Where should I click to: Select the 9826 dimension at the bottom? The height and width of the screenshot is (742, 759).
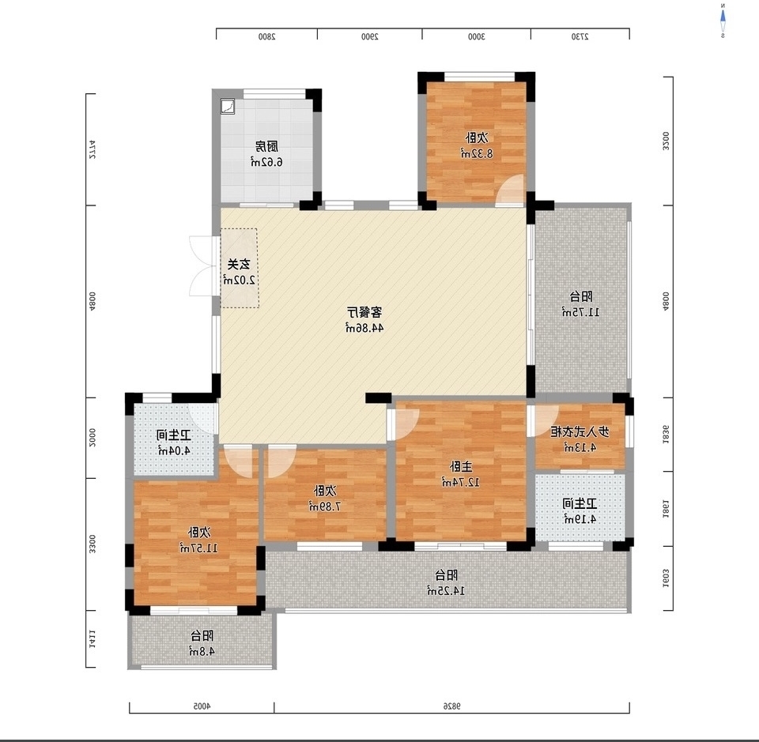[451, 705]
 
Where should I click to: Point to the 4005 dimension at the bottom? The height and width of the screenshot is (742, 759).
[202, 705]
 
